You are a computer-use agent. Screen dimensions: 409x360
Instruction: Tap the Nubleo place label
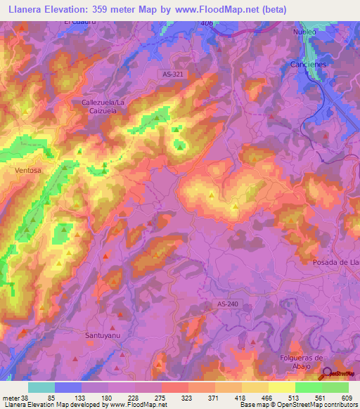point(305,32)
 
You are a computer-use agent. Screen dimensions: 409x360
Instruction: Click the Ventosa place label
point(29,170)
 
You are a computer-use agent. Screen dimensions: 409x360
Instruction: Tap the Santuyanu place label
point(103,336)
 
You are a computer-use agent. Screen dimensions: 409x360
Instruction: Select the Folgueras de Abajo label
point(299,362)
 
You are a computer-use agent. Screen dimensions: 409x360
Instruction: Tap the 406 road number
point(206,24)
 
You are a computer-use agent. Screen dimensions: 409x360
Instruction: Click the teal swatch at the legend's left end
point(41,387)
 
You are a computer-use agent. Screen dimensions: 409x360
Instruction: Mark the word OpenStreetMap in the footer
point(316,405)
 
